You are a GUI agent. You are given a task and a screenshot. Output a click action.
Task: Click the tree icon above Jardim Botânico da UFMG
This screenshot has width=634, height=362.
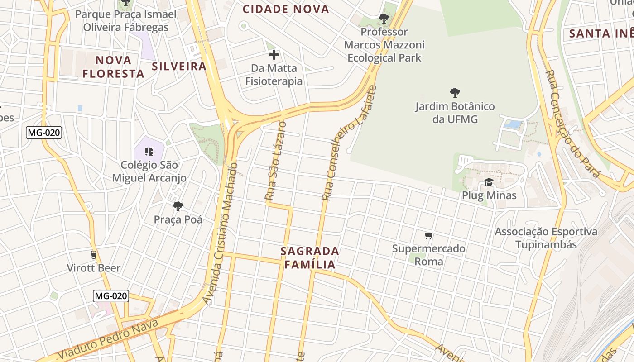455,93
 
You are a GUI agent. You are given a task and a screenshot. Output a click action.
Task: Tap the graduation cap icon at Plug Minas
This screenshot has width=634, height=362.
489,182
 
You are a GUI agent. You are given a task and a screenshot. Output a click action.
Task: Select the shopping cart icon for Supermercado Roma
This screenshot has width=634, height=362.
429,235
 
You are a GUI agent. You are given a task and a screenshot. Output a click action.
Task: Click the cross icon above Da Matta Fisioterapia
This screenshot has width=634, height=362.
274,55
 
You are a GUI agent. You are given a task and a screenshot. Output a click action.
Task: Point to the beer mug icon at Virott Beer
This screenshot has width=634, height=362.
94,255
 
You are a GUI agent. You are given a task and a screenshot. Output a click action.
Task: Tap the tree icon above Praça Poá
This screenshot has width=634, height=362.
178,206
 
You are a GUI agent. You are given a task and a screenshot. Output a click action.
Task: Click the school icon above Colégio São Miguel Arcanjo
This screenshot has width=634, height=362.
149,152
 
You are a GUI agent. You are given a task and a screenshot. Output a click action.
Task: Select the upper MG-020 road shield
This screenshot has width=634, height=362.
44,133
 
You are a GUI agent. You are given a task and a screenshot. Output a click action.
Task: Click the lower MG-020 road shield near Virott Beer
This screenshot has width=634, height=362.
111,296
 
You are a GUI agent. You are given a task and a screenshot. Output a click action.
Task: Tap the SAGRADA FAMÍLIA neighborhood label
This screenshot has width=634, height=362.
310,257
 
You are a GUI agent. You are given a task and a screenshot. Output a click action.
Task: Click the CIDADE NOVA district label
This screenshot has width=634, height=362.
286,9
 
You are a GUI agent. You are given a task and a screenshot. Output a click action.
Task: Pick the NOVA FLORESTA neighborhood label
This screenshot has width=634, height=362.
113,67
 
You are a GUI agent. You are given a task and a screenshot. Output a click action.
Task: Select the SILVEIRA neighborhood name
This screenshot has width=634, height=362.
179,67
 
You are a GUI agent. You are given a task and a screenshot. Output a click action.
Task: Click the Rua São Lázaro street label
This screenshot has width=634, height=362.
276,161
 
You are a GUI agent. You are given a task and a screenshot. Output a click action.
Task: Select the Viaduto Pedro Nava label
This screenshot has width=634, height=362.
109,339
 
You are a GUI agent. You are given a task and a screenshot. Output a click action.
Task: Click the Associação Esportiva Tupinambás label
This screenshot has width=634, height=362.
546,238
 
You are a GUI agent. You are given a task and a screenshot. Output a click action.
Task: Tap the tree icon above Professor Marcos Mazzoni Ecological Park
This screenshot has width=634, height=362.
384,19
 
